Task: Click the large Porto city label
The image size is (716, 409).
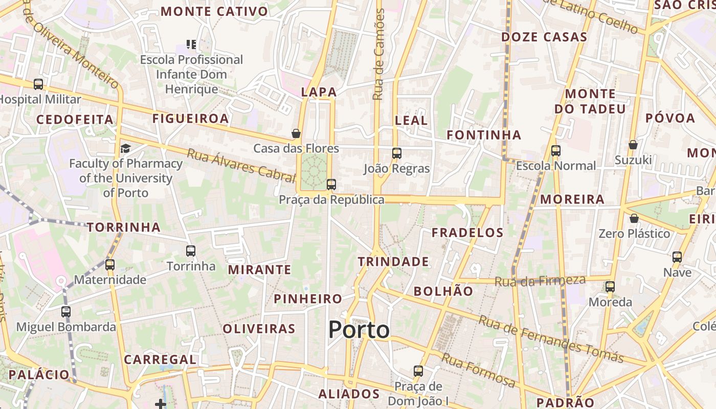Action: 359,330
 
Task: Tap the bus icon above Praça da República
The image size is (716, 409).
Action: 331,185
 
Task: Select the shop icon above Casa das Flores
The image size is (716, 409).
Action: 296,134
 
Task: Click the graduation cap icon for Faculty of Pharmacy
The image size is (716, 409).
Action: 125,149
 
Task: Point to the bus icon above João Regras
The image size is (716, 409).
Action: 397,153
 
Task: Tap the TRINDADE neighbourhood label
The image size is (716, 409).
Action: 393,262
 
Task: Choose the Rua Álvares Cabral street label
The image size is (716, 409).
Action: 241,165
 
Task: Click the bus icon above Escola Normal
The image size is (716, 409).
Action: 556,151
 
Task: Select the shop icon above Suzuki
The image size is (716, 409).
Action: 633,145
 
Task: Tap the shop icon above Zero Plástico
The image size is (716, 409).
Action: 634,218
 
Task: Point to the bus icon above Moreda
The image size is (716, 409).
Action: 610,287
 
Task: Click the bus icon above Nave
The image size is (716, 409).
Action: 677,257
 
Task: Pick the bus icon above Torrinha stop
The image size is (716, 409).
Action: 191,251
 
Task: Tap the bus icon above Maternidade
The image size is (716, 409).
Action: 110,265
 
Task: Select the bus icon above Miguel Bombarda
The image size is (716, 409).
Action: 66,311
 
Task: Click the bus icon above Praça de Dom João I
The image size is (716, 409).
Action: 418,371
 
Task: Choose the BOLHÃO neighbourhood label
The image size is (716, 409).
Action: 443,291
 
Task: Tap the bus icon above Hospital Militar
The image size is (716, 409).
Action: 38,84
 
